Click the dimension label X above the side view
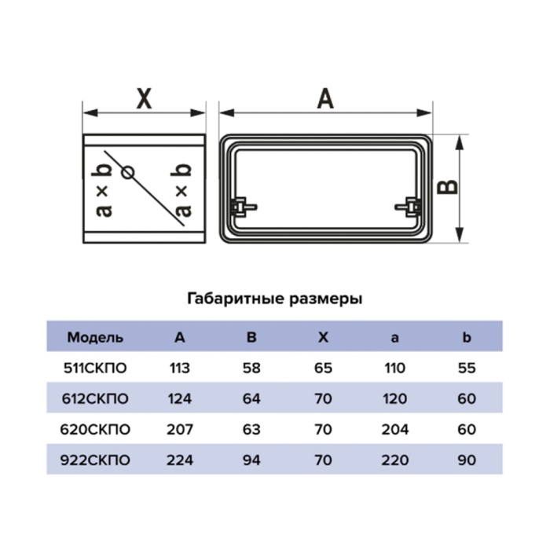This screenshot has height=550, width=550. click(144, 99)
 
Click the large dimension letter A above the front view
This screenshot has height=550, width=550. click(325, 98)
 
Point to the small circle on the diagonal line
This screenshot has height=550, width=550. click(127, 173)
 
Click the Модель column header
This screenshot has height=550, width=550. click(95, 337)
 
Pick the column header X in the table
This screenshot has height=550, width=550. click(323, 337)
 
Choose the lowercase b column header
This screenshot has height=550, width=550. click(467, 337)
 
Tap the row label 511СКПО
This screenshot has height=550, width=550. click(95, 368)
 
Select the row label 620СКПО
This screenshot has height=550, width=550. click(95, 429)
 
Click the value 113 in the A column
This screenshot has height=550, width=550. click(180, 368)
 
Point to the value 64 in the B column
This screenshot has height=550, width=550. click(251, 399)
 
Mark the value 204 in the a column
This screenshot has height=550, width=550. click(395, 429)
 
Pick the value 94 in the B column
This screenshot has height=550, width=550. click(251, 460)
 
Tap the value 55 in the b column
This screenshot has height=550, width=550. click(467, 368)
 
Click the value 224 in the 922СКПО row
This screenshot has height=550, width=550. click(180, 460)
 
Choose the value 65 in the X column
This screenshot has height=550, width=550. click(323, 368)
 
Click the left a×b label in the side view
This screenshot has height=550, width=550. click(104, 189)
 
